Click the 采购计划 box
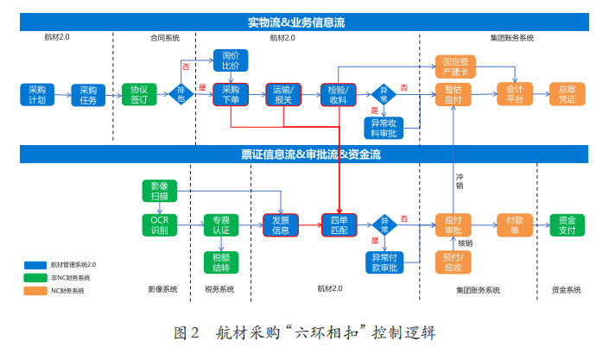click(x=36, y=94)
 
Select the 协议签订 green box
click(x=138, y=94)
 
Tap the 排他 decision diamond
click(x=181, y=94)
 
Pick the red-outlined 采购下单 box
click(x=231, y=94)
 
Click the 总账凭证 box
click(x=568, y=94)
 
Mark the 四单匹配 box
click(x=339, y=224)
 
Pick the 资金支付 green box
click(x=568, y=224)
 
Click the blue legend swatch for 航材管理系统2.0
click(x=35, y=264)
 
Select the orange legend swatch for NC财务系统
click(x=35, y=291)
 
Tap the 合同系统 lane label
click(x=165, y=38)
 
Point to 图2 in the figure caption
click(x=187, y=332)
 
